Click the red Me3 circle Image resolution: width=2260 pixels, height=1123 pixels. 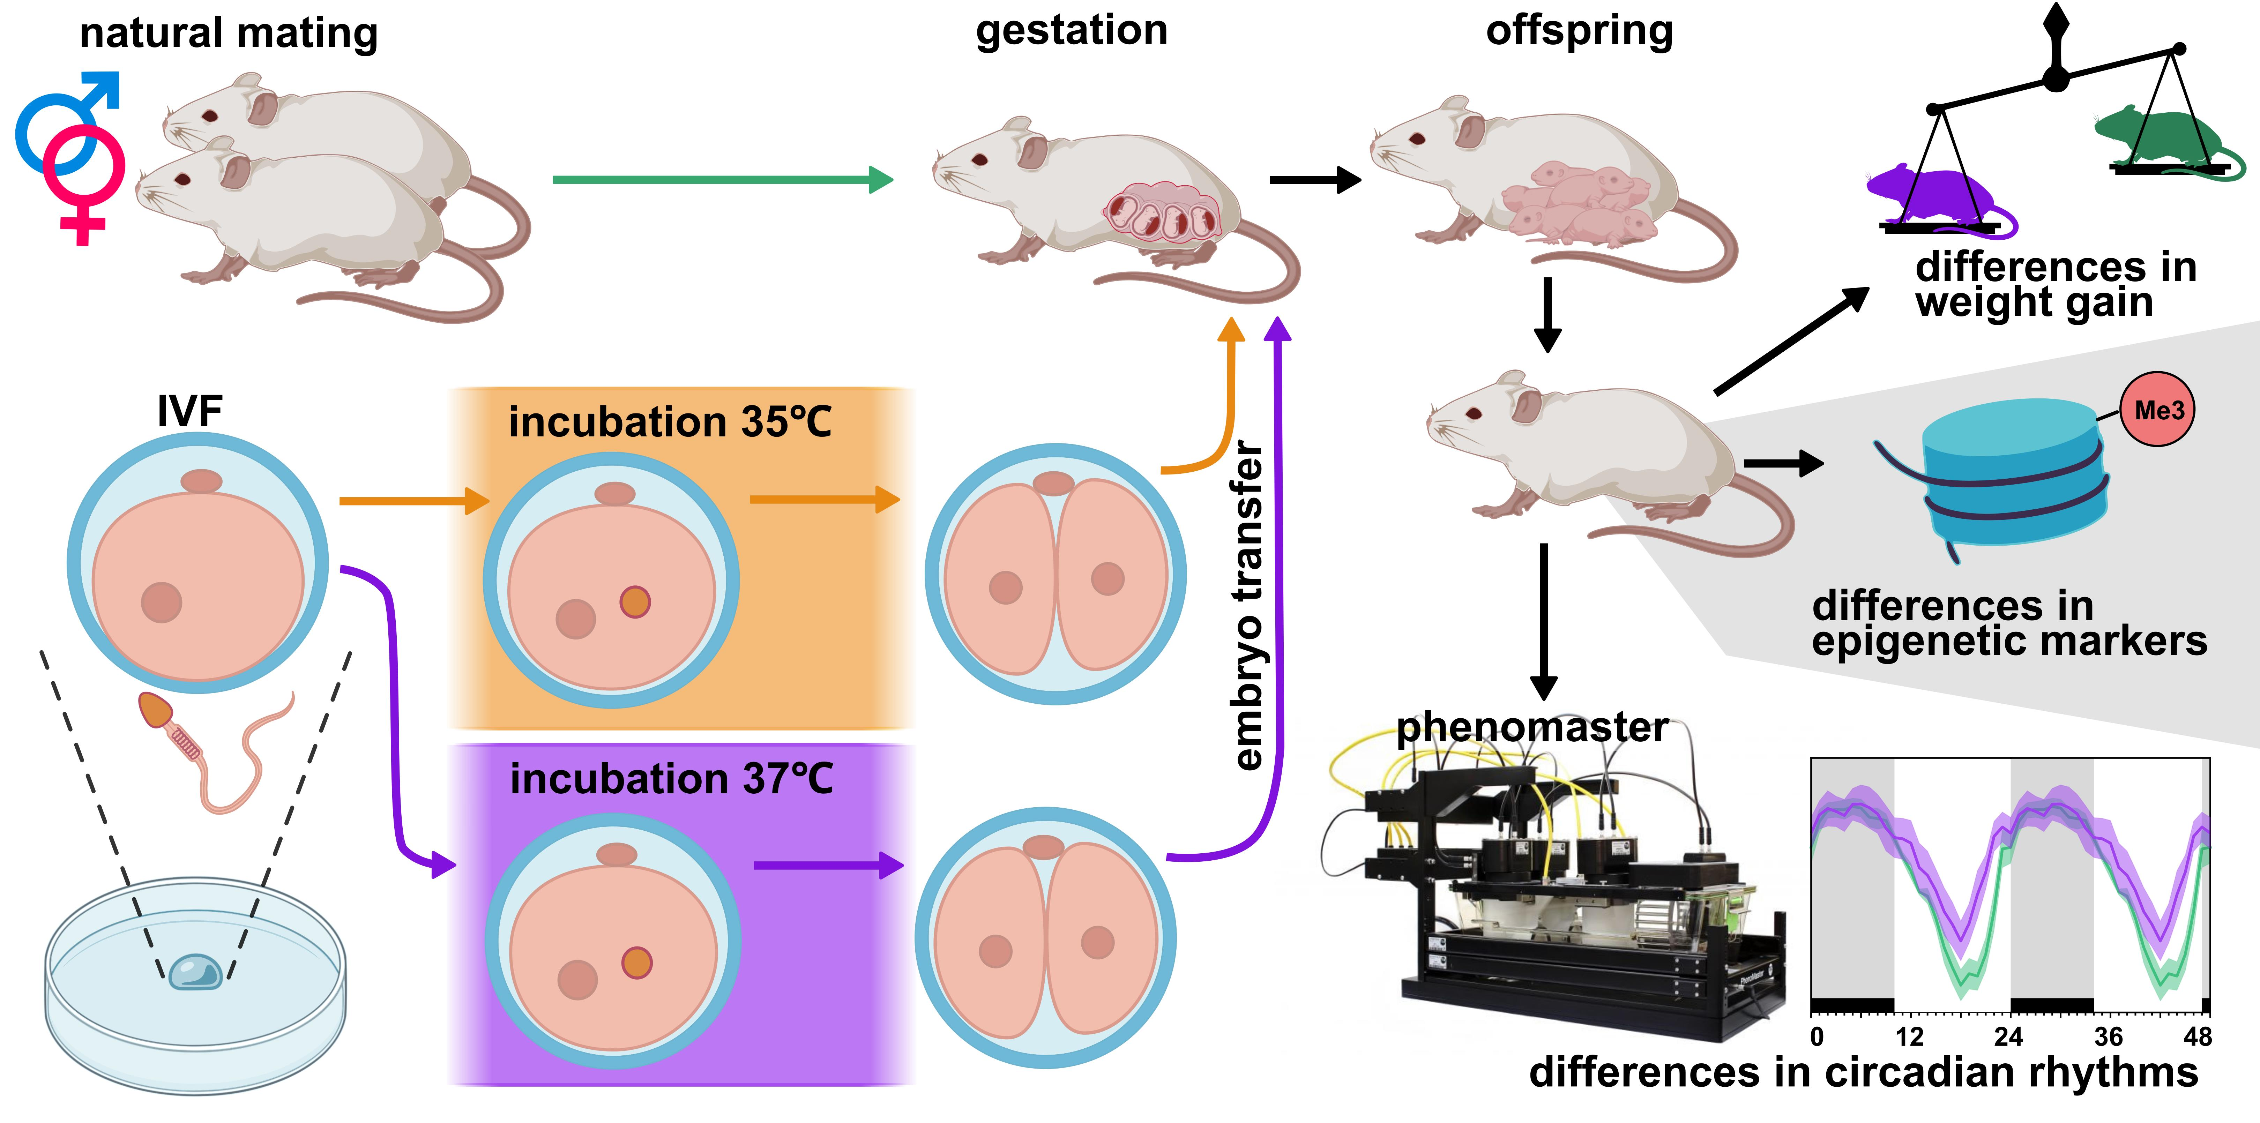coord(2157,410)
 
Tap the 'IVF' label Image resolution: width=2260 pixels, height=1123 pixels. coord(189,411)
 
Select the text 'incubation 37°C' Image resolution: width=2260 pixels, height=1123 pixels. coord(671,778)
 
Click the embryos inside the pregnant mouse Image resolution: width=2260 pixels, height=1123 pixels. coord(1163,213)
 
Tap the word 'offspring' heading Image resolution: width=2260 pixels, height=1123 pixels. coord(1579,31)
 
